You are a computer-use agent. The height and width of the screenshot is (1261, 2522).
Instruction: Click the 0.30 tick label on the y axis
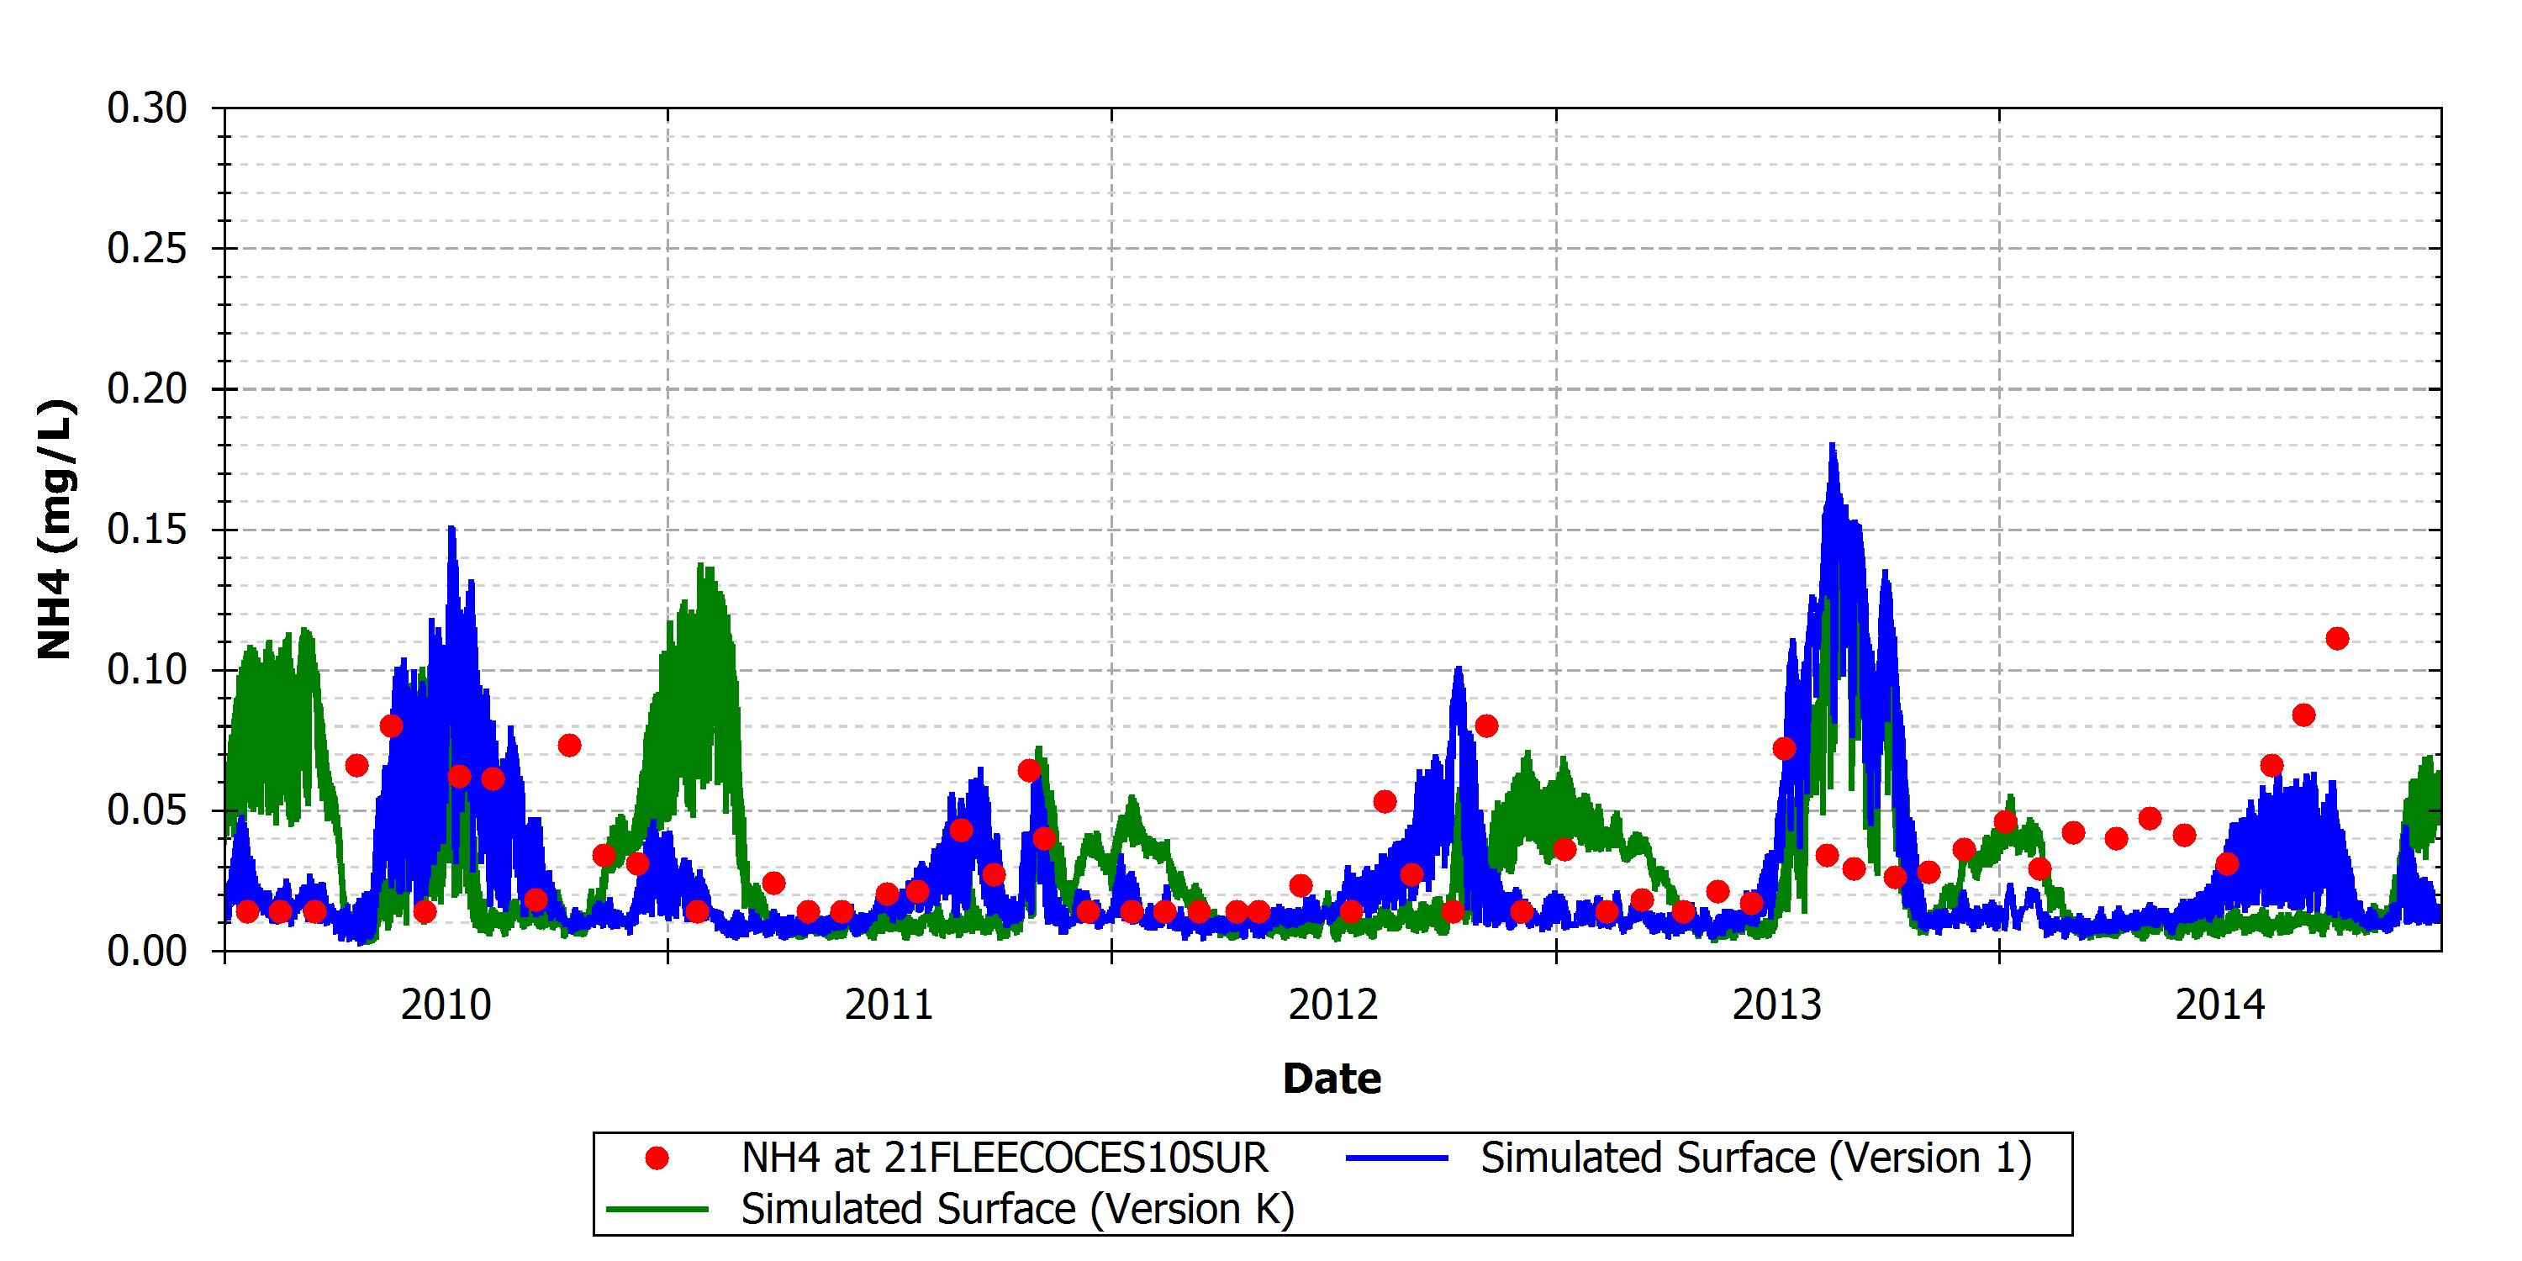(x=147, y=108)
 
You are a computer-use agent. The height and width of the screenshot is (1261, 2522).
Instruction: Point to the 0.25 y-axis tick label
(x=147, y=249)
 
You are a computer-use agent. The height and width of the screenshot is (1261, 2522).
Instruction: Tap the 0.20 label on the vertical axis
(x=147, y=390)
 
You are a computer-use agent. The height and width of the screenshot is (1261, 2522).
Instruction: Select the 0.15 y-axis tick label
(x=147, y=530)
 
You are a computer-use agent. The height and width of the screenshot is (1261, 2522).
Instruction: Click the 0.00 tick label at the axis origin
(x=147, y=951)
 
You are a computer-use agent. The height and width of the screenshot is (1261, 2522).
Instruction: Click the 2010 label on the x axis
(x=446, y=1005)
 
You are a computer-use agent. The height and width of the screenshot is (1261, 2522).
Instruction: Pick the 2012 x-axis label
(x=1333, y=1005)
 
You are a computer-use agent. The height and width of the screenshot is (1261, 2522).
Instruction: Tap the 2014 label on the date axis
(x=2220, y=1005)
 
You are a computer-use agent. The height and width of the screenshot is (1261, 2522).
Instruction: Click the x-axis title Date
(x=1332, y=1079)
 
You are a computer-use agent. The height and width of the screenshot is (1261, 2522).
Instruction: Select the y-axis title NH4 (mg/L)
(x=55, y=529)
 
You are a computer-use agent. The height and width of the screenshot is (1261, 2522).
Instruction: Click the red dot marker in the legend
(x=657, y=1158)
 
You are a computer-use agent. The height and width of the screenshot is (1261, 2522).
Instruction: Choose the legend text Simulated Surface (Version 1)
(x=1756, y=1158)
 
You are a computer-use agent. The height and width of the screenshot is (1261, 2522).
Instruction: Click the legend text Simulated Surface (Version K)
(x=1018, y=1209)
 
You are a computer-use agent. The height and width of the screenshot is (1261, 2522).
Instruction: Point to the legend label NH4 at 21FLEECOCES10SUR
(x=1005, y=1158)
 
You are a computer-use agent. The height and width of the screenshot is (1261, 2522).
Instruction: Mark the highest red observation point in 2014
(x=2337, y=638)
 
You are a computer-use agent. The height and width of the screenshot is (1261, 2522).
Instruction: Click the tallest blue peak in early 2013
(x=1832, y=445)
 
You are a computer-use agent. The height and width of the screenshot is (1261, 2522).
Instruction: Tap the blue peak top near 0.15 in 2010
(x=451, y=528)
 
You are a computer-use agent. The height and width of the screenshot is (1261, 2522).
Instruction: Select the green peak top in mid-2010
(x=701, y=565)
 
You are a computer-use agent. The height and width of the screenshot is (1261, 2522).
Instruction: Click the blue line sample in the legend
(x=1397, y=1158)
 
